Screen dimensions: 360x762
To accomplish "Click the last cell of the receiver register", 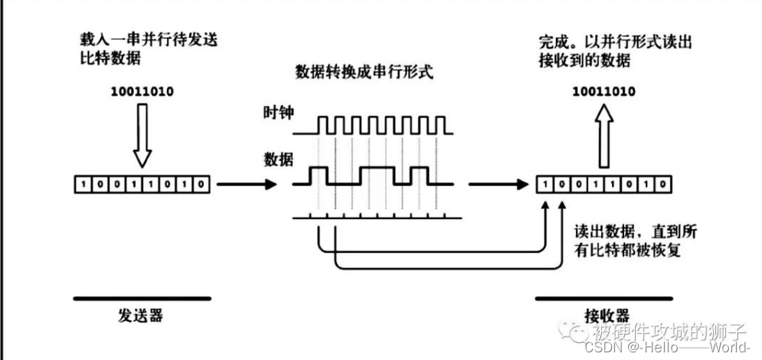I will tap(663, 185).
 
